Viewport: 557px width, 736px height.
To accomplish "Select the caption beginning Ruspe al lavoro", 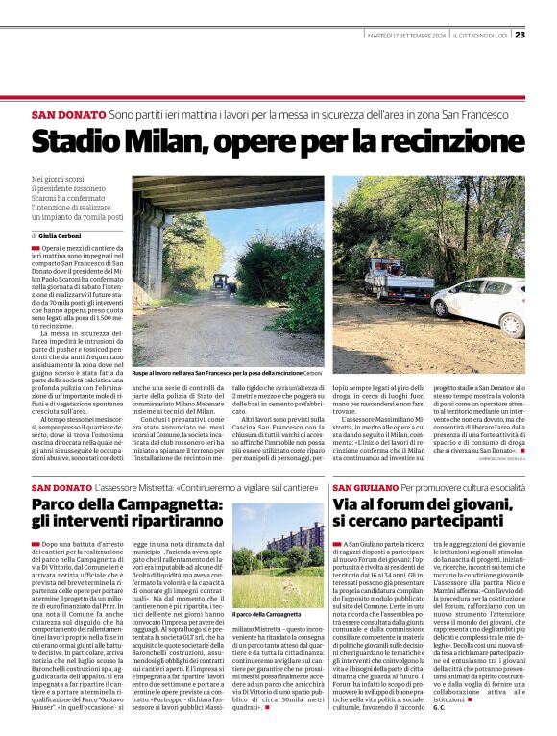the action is pyautogui.click(x=240, y=372).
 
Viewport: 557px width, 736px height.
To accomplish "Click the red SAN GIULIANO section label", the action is pyautogui.click(x=366, y=489).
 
